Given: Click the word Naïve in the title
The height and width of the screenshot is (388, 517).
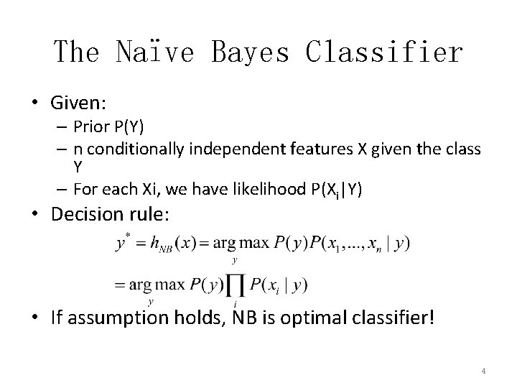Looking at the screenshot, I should coord(154,52).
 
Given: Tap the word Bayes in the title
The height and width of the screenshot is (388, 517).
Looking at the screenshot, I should coord(251,52).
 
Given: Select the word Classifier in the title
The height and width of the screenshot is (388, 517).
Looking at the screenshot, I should coord(384,52).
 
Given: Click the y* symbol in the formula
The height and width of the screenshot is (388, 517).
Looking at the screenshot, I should coord(123,243).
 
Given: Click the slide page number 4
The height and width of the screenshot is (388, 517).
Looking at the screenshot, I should coord(483,371).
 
